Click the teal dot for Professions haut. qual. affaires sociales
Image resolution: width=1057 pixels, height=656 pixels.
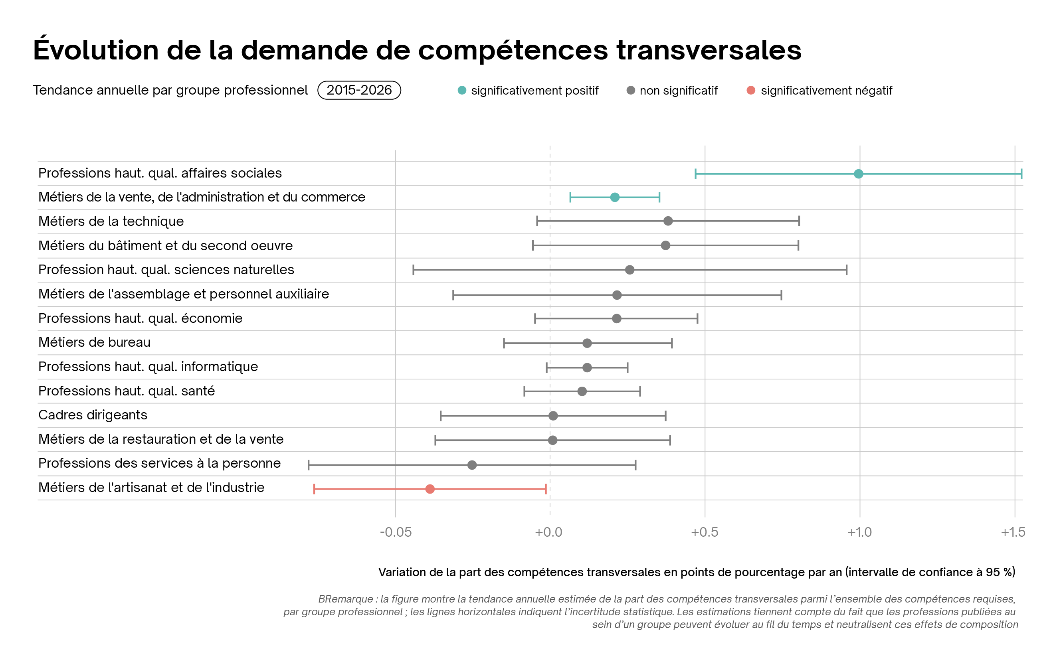tap(858, 174)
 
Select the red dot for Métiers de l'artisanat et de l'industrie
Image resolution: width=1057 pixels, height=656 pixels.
tap(430, 489)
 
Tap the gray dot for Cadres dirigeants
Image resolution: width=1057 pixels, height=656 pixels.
tap(553, 416)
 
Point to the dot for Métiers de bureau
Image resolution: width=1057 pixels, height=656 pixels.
tap(587, 343)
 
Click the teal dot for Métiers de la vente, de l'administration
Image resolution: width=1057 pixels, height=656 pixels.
tap(614, 198)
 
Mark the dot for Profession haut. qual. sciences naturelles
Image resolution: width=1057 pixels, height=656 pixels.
tap(629, 270)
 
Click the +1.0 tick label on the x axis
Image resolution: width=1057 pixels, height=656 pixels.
tap(859, 532)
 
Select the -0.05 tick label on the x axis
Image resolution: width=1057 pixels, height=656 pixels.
tap(395, 532)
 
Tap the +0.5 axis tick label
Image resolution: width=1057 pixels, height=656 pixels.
tap(704, 532)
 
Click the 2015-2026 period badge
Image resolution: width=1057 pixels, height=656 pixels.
tap(359, 90)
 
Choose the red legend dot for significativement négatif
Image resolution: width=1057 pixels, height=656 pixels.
tap(751, 90)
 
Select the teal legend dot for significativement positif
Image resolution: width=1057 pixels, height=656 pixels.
tap(462, 90)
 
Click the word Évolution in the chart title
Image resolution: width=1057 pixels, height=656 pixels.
tap(95, 50)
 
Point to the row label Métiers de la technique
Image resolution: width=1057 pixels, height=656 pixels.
tap(111, 221)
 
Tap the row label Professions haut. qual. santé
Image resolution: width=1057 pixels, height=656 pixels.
tap(126, 391)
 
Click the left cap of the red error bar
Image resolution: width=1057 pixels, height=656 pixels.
tap(314, 489)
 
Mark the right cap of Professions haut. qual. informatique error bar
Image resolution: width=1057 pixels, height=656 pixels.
tap(627, 368)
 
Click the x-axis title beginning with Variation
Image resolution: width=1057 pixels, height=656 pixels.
tap(697, 572)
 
